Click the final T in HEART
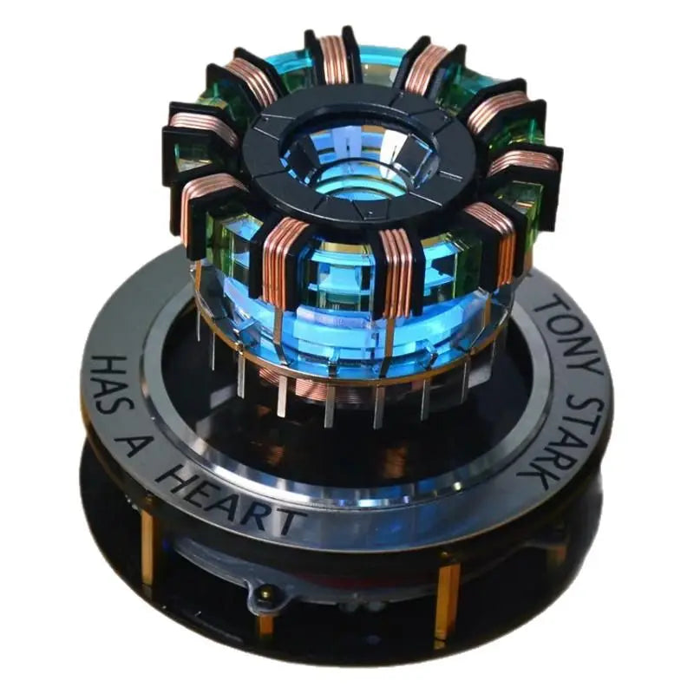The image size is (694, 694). [286, 520]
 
